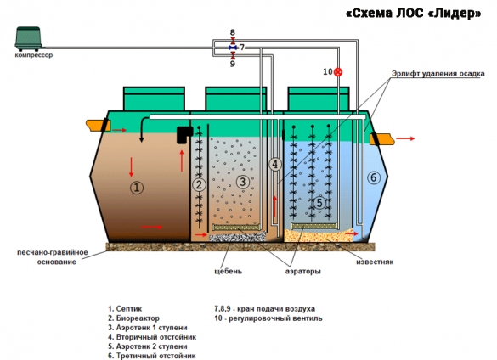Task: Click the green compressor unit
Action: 28,39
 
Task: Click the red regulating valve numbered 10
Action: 338,72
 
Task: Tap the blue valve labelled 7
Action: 233,48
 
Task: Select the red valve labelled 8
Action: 233,40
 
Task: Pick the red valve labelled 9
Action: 233,56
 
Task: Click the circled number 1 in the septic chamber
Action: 137,188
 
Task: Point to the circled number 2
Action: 199,185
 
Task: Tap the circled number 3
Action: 243,182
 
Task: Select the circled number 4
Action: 274,164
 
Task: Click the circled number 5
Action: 319,202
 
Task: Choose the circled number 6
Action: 374,177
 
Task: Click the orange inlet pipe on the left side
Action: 98,125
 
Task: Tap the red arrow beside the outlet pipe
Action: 405,138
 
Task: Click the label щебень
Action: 229,271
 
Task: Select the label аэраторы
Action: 303,271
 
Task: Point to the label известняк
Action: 375,262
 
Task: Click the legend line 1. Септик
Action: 125,309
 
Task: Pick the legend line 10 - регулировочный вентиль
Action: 268,318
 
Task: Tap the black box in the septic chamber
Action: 184,134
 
